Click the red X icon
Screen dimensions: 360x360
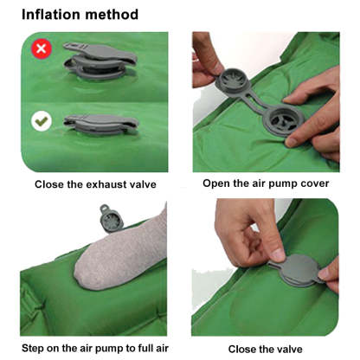[x=42, y=48]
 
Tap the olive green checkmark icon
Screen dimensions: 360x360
[x=42, y=121]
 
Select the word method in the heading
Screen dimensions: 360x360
[x=111, y=15]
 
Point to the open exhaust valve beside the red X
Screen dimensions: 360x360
[x=100, y=61]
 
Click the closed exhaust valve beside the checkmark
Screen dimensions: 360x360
[x=101, y=125]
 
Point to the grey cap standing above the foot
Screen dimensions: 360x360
[x=111, y=218]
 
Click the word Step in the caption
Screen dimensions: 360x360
[x=32, y=349]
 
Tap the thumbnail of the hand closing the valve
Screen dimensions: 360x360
[x=278, y=254]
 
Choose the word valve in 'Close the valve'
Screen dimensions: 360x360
[x=289, y=349]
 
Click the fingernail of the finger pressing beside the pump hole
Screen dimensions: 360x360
[x=291, y=142]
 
